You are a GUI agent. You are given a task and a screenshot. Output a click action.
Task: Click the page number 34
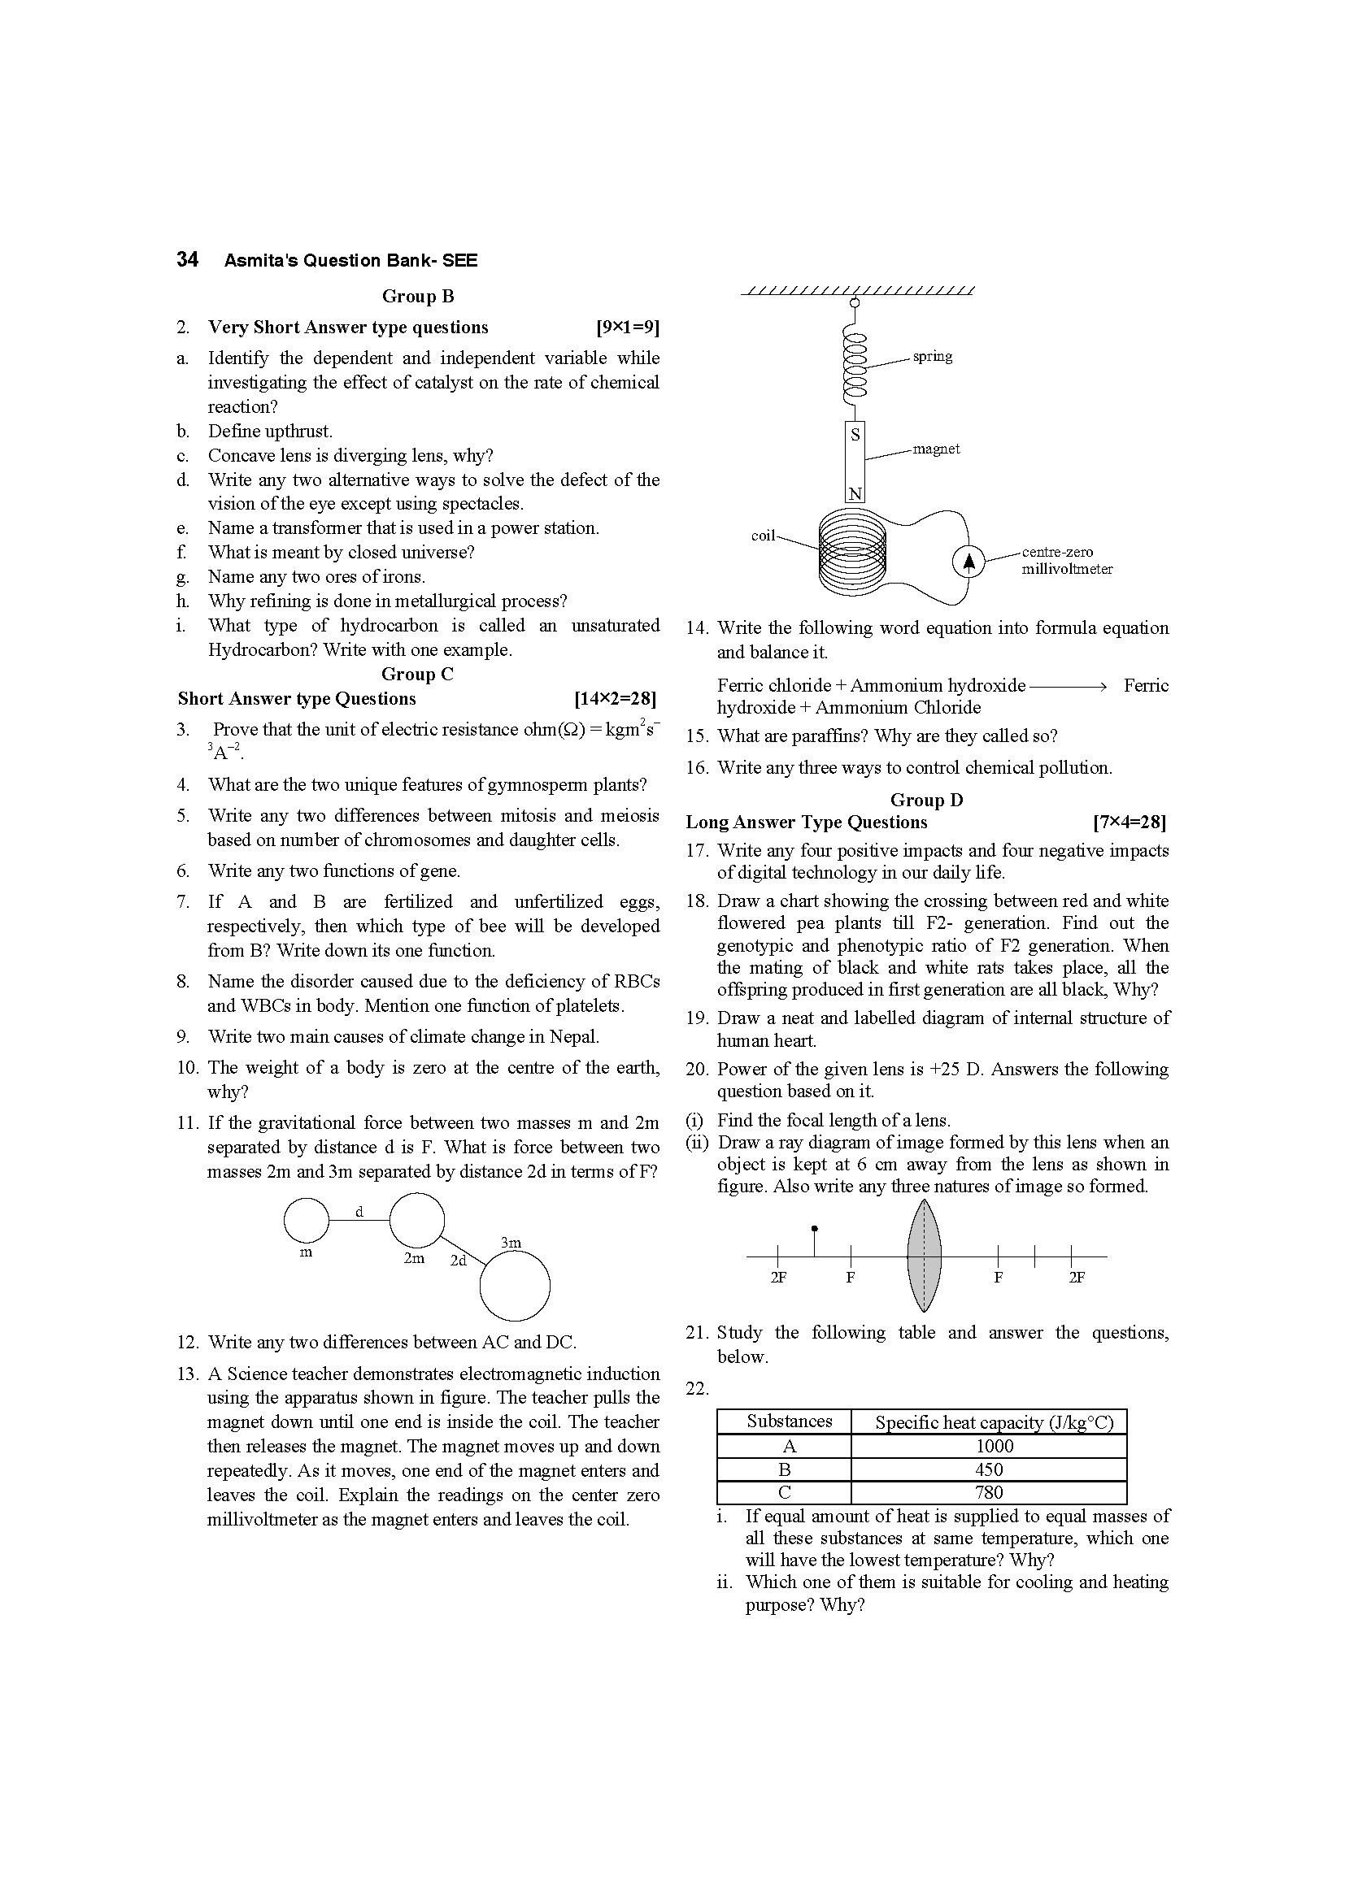click(187, 260)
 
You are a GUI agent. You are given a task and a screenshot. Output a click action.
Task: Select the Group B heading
click(417, 297)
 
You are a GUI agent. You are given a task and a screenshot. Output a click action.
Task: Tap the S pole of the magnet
click(855, 435)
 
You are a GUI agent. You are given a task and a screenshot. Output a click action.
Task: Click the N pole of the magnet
click(855, 494)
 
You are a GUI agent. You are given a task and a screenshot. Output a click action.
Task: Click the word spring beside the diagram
click(933, 357)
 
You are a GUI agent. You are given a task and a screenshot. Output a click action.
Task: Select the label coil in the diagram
click(763, 536)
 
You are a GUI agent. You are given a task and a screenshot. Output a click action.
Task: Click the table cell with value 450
click(989, 1469)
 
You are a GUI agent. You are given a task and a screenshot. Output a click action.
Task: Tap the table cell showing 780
click(989, 1492)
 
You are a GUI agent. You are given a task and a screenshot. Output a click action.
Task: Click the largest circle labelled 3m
click(514, 1285)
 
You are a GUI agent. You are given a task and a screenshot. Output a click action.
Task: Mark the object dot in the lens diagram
click(815, 1229)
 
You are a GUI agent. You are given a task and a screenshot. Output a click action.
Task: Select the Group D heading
click(926, 800)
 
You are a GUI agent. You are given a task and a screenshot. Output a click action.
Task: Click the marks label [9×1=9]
click(627, 328)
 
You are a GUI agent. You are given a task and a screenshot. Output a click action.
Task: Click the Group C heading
click(417, 674)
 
